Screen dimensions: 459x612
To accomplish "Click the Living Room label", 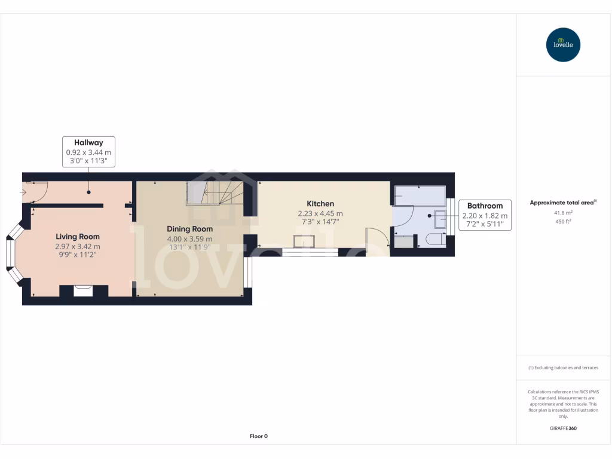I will point(78,237).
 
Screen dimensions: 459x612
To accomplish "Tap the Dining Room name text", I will point(189,229).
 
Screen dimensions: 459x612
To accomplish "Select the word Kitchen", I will point(320,204).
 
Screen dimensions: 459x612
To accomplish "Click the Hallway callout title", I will point(88,143).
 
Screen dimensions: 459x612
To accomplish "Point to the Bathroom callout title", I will point(485,206).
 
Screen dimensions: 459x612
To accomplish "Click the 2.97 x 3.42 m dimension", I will point(78,246).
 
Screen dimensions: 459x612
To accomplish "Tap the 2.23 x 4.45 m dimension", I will point(320,213).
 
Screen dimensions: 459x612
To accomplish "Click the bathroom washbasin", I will point(440,219).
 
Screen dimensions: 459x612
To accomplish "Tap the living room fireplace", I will point(83,291).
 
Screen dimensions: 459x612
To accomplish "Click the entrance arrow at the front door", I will point(23,192).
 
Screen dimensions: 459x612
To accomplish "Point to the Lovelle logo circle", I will point(563,45).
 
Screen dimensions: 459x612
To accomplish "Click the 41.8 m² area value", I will point(563,212).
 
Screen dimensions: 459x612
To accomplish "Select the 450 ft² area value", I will point(563,221).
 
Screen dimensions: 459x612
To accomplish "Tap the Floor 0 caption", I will point(258,436).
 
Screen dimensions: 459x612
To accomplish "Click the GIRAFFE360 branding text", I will point(563,429).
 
